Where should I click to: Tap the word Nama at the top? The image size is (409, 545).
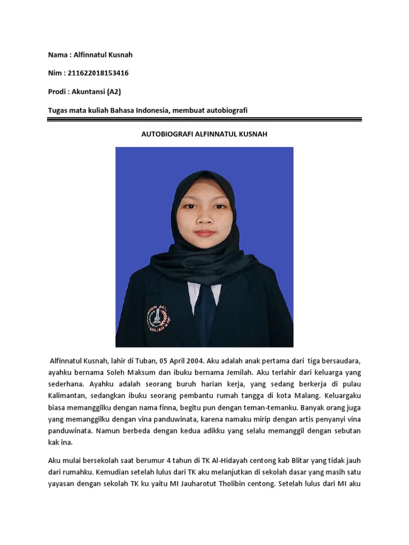pyautogui.click(x=58, y=55)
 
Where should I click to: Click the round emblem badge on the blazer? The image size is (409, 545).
pyautogui.click(x=158, y=318)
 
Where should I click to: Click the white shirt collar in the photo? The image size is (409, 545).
pyautogui.click(x=193, y=290)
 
